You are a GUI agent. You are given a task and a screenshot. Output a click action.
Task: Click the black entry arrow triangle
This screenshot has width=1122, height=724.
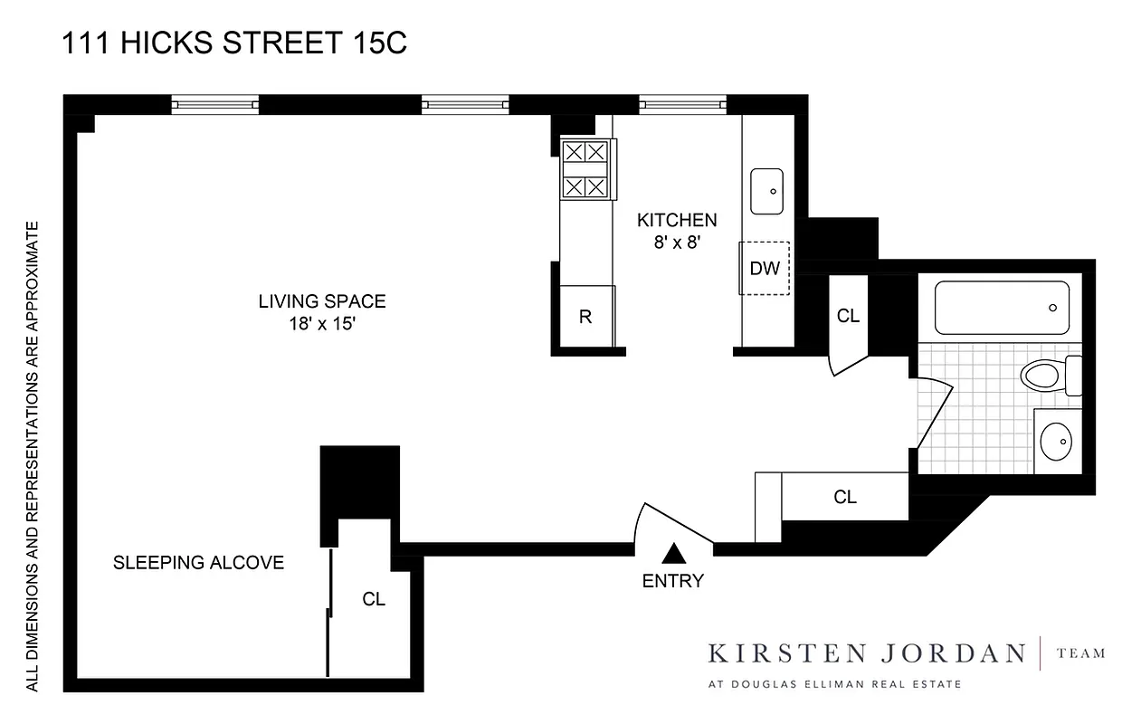673,553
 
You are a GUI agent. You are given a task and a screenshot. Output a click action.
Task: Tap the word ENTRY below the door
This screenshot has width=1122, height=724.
672,582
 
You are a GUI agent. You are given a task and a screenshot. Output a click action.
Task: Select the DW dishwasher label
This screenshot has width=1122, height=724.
765,268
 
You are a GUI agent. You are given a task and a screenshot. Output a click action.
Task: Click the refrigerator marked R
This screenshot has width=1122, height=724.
585,317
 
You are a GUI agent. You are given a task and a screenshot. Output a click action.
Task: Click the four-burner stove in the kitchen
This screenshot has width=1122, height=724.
585,169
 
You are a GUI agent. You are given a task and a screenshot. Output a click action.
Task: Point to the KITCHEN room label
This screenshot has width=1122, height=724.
677,220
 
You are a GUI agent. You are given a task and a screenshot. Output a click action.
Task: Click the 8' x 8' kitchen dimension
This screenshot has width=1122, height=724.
677,242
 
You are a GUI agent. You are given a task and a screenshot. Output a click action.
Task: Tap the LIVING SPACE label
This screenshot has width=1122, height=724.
322,301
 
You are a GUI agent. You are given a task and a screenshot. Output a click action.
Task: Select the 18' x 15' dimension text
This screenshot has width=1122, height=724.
322,323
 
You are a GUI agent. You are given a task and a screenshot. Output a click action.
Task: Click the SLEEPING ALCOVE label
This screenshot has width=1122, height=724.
198,563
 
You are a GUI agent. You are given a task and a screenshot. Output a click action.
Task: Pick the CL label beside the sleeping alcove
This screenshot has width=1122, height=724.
374,599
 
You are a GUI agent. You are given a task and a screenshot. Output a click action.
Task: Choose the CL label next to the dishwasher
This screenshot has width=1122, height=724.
848,316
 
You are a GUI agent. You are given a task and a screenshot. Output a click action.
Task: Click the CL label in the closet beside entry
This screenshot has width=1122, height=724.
845,497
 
